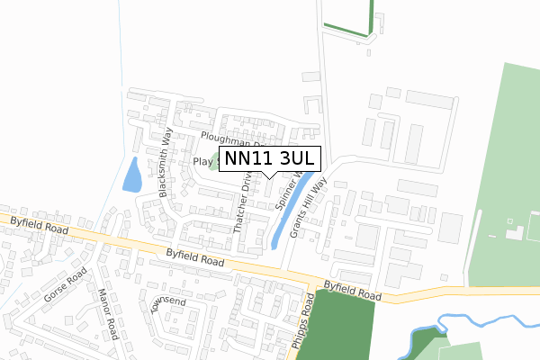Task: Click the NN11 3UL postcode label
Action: pos(269,158)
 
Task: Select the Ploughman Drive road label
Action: pos(232,140)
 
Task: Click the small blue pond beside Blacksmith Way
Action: pos(131,175)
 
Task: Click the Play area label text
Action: pos(203,161)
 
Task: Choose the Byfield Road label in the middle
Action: pos(194,259)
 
